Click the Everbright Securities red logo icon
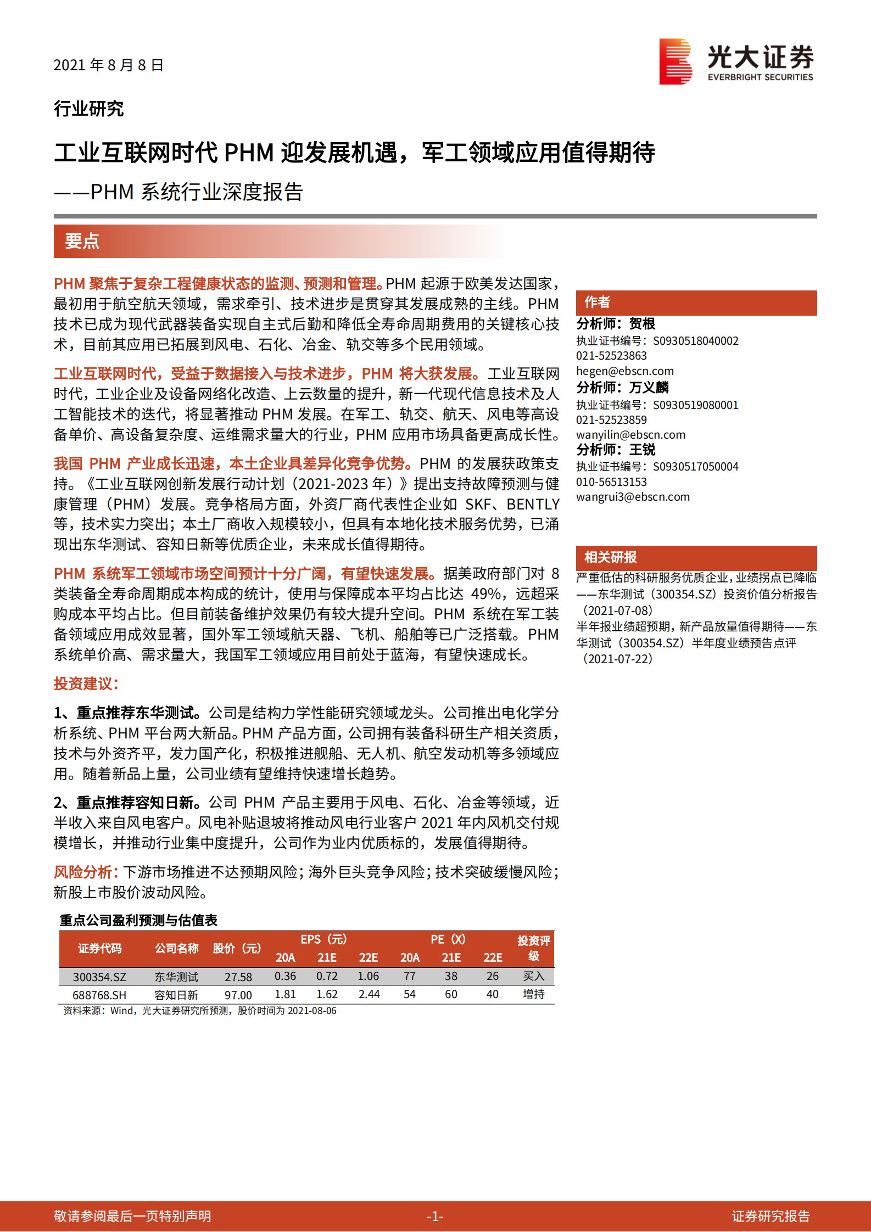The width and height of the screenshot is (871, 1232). point(675,61)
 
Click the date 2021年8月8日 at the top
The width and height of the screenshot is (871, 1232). point(108,65)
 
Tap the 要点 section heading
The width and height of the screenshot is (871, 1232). point(82,241)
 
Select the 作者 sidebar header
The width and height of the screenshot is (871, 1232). point(597,302)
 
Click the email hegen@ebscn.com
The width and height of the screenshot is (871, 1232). point(624,371)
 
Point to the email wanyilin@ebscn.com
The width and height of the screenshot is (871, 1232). point(630,435)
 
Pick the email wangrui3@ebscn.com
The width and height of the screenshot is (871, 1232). point(633,497)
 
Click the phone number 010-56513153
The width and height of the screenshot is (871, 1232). point(611,482)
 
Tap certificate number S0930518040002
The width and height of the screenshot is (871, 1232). point(695,341)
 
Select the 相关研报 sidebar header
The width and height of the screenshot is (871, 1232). point(610,558)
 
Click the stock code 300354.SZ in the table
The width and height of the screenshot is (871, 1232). point(99,977)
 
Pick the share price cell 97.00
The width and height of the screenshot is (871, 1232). point(238,995)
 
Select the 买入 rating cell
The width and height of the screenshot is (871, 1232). point(533,976)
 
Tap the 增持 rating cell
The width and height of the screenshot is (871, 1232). point(533,994)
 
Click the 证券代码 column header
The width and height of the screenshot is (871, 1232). point(99,948)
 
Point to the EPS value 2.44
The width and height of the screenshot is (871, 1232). point(369,995)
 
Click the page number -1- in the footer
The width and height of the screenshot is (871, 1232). point(435,1217)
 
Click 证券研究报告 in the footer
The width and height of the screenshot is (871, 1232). point(771,1217)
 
